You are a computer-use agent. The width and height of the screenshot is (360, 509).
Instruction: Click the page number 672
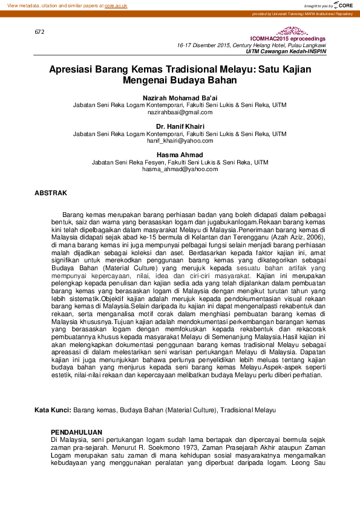tap(40, 31)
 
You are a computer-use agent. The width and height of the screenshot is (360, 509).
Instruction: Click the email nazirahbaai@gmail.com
tap(180, 112)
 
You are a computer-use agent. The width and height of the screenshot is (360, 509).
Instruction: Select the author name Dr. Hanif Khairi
tap(180, 126)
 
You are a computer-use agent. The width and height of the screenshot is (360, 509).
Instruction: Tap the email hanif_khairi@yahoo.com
tap(180, 140)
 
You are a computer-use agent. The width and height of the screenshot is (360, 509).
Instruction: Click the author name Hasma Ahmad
tap(180, 155)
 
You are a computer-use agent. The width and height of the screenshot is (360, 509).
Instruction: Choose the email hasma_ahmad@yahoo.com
tap(180, 169)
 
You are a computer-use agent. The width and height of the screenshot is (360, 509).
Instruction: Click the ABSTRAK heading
tap(51, 193)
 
